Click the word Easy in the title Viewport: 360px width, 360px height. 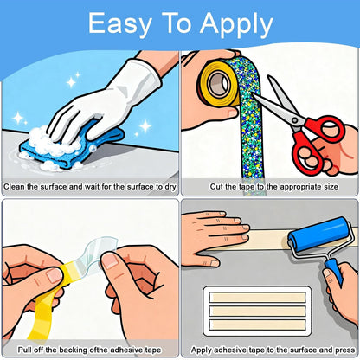point(119,24)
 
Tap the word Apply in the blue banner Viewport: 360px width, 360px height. point(236,25)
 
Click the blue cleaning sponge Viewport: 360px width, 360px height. point(71,145)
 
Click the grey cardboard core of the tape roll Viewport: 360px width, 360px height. point(219,84)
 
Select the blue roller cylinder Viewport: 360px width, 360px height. point(318,235)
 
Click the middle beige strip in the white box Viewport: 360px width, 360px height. point(257,311)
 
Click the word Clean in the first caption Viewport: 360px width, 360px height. point(14,187)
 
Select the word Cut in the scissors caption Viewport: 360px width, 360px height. point(216,187)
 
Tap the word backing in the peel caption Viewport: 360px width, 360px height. point(73,350)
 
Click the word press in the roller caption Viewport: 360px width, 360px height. point(344,350)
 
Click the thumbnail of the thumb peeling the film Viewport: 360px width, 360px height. point(55,276)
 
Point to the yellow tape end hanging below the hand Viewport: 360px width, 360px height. point(41,318)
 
